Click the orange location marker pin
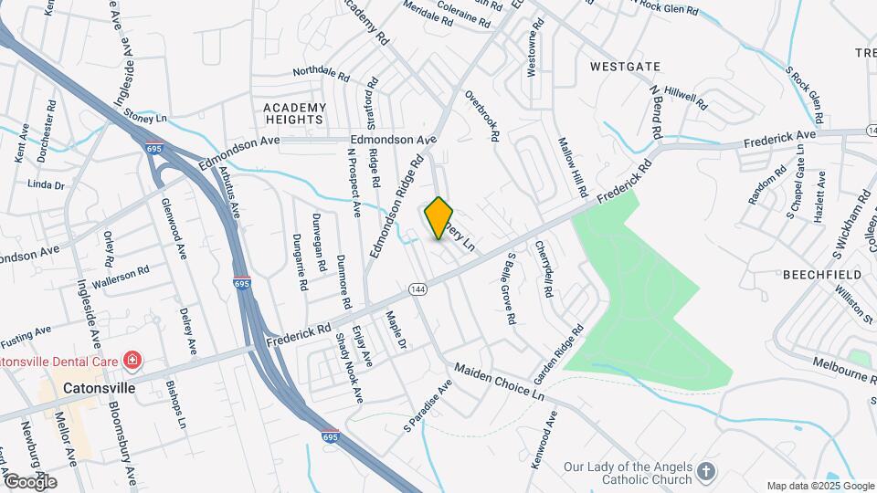(x=439, y=218)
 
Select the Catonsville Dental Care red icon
(x=133, y=361)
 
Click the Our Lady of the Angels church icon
(x=705, y=471)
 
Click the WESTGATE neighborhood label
(x=624, y=67)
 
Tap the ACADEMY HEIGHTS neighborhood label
(x=294, y=113)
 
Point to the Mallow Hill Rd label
(x=572, y=168)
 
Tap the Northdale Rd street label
(x=321, y=72)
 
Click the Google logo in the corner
(x=30, y=481)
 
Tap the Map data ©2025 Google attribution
(x=820, y=486)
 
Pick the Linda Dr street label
(x=47, y=184)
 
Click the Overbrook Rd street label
(x=481, y=115)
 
